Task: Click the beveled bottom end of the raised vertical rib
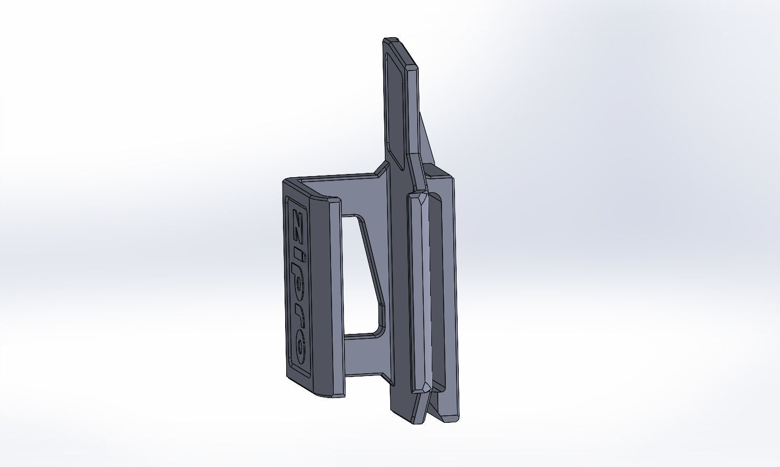click(x=421, y=387)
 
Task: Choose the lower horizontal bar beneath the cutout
click(x=367, y=356)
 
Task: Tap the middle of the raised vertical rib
click(x=420, y=291)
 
